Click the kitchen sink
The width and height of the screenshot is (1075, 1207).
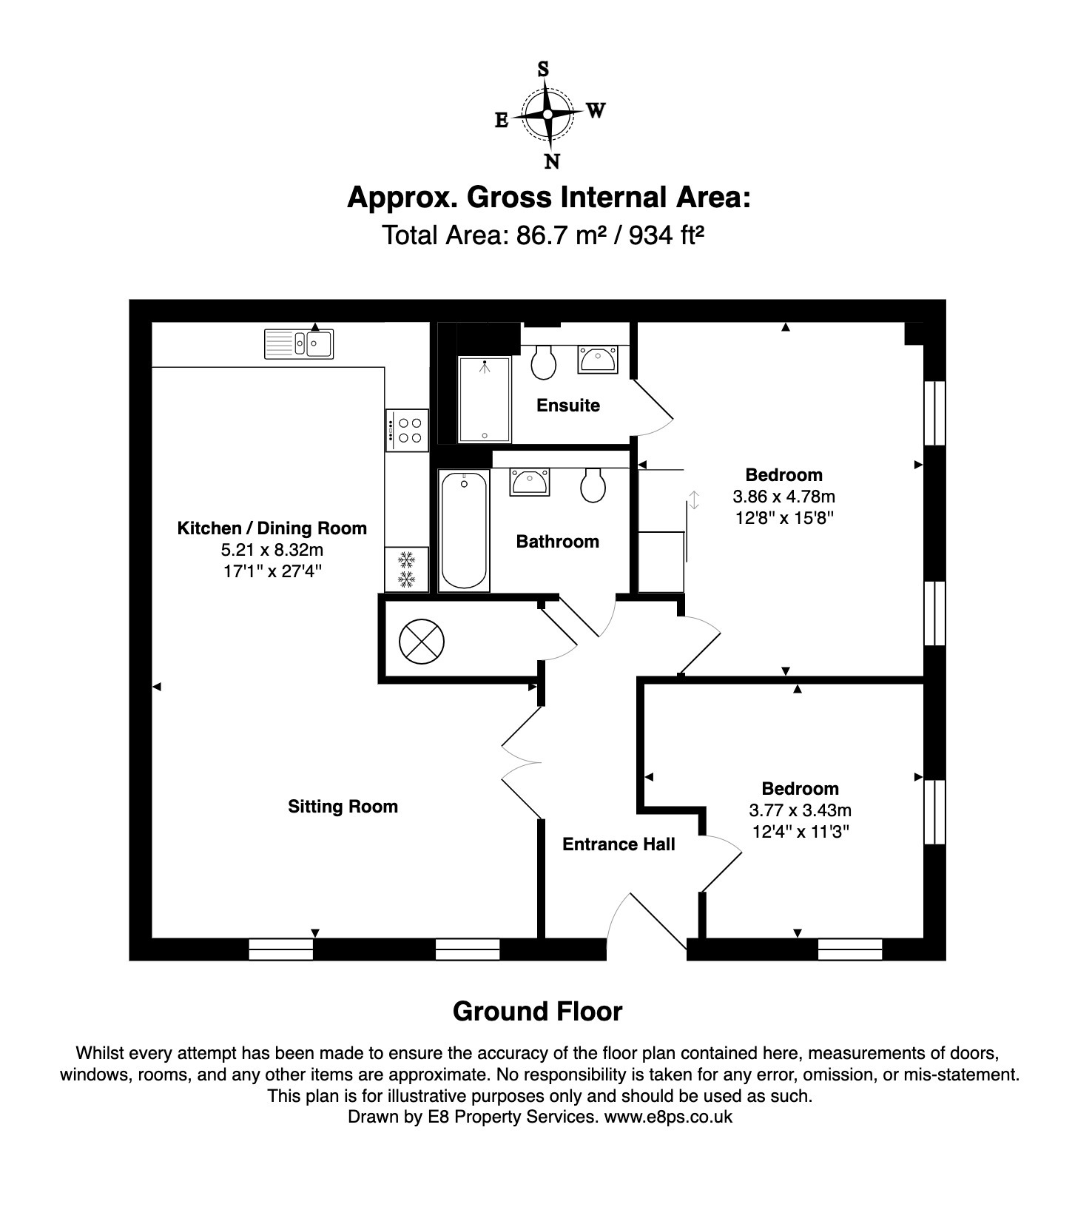coord(299,343)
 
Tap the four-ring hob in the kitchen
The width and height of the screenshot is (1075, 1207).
coord(406,430)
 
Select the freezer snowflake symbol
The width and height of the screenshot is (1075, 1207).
coord(406,569)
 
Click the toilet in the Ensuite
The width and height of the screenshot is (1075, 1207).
coord(544,360)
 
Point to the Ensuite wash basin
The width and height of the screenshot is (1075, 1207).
coord(597,360)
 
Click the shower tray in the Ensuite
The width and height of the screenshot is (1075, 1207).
coord(485,400)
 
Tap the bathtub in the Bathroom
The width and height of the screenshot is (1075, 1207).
coord(464,531)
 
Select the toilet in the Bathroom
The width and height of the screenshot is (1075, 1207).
coord(593,484)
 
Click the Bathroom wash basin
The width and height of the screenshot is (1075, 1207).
coord(530,482)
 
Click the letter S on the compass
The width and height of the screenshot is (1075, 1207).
coord(543,70)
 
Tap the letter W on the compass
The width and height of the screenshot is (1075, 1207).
coord(596,111)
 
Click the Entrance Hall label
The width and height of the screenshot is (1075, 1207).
coord(619,844)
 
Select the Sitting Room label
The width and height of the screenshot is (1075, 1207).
coord(343,807)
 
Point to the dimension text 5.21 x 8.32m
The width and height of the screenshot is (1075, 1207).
coord(272,550)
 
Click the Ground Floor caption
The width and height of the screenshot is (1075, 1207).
coord(537,1012)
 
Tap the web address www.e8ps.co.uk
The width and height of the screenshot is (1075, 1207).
coord(668,1117)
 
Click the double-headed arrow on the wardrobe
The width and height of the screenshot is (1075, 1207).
coord(694,500)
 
